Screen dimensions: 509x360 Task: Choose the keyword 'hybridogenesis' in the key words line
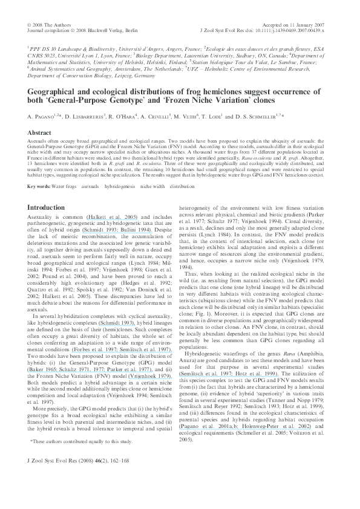pos(120,170)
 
